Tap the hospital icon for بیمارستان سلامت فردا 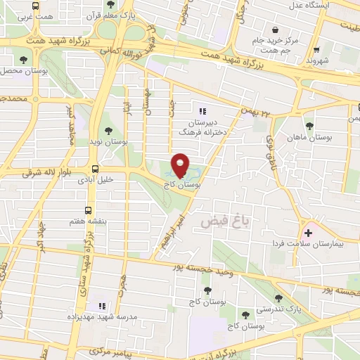pyautogui.click(x=307, y=233)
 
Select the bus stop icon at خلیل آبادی pyautogui.click(x=94, y=169)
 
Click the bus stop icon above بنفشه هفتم pyautogui.click(x=88, y=210)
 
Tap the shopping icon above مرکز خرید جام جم pyautogui.click(x=274, y=30)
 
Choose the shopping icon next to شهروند pyautogui.click(x=318, y=50)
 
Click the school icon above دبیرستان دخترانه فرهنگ pyautogui.click(x=202, y=110)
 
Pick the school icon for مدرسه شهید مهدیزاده pyautogui.click(x=102, y=306)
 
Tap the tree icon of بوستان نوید pyautogui.click(x=108, y=131)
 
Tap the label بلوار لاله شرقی pyautogui.click(x=32, y=171)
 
